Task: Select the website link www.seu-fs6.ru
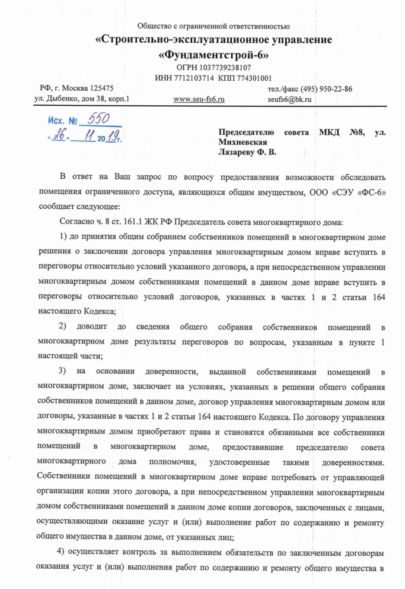tap(199, 99)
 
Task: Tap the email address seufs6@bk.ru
tap(289, 99)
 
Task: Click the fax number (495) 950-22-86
tap(326, 89)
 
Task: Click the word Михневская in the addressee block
tap(242, 142)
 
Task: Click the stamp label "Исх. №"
tap(63, 120)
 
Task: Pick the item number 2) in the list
tap(62, 326)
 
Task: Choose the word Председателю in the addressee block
tap(246, 132)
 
